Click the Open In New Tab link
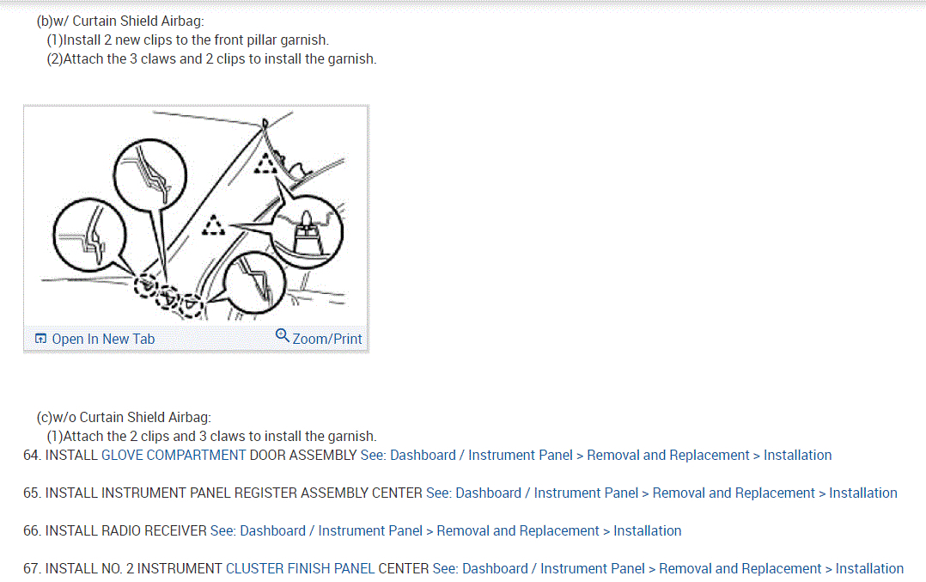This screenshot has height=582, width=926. [103, 339]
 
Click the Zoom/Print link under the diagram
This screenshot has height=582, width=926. [327, 339]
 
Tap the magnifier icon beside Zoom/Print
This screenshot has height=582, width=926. [283, 335]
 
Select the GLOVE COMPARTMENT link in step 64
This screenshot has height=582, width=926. [174, 455]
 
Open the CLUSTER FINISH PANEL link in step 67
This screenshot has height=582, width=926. [326, 568]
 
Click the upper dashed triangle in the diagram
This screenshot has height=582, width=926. [270, 162]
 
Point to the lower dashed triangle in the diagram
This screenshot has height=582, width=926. [212, 226]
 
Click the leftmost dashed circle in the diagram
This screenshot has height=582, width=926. [146, 284]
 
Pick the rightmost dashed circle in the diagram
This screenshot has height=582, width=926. [191, 305]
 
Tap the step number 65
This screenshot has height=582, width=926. [32, 493]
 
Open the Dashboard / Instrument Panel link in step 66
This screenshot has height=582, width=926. [316, 530]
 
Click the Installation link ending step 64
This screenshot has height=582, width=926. [797, 455]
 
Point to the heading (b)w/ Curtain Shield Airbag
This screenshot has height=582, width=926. [120, 21]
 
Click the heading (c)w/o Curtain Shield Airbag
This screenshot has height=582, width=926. [124, 418]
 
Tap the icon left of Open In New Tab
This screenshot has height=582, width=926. [40, 339]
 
